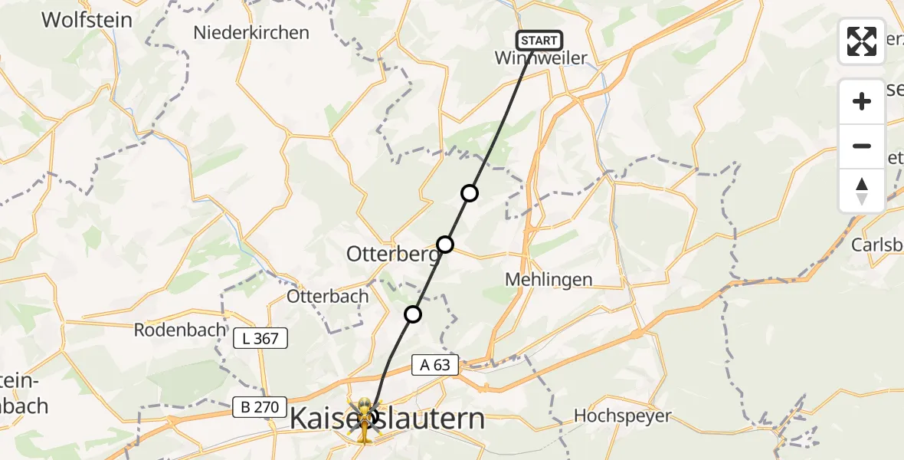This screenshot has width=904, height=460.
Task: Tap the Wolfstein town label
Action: click(x=87, y=20)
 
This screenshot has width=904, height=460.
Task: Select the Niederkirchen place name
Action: click(x=251, y=33)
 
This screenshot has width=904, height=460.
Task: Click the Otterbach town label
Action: click(x=328, y=296)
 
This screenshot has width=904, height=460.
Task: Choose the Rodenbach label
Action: click(x=180, y=330)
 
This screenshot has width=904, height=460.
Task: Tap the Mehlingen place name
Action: click(x=549, y=280)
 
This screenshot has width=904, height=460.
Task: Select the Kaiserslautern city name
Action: click(x=388, y=419)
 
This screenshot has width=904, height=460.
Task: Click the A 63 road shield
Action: click(x=435, y=366)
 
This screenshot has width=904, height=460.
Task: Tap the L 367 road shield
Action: click(x=261, y=338)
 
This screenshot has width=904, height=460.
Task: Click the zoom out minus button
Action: click(x=862, y=146)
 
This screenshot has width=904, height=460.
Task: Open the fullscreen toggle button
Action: click(x=862, y=41)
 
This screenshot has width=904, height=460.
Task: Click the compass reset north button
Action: click(x=862, y=190)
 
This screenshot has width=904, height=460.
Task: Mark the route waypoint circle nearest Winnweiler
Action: click(x=470, y=193)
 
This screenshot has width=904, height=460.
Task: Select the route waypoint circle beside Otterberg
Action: click(x=445, y=245)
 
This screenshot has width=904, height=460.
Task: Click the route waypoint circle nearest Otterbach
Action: click(x=413, y=314)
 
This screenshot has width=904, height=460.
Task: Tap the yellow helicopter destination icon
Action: click(x=364, y=419)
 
